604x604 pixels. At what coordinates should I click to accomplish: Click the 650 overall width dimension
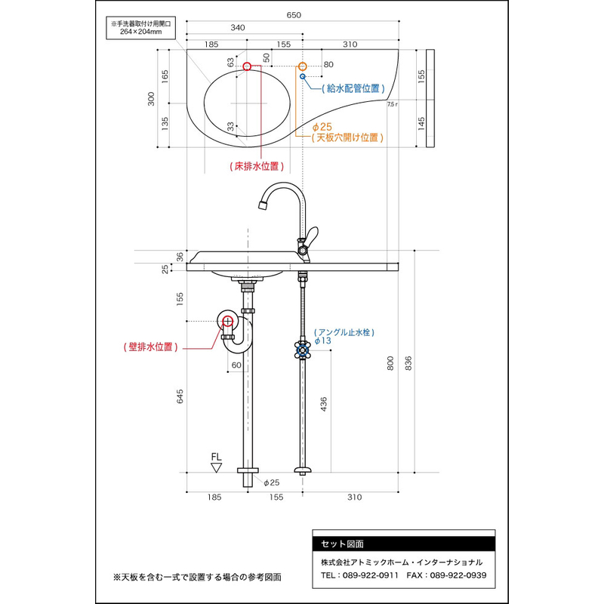coord(294,15)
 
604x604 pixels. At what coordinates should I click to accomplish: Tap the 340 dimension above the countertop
coord(238,28)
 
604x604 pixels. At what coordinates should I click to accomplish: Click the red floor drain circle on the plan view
coord(248,66)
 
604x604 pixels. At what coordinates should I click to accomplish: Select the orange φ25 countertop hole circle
coord(303,66)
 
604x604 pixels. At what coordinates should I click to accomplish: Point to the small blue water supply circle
coord(303,77)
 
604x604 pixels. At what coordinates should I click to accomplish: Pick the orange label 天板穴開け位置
coord(347,137)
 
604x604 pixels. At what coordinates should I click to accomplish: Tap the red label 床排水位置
coord(257,166)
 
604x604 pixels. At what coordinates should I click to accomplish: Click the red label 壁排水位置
coord(150,347)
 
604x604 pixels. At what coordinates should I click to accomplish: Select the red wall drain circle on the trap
coord(228,321)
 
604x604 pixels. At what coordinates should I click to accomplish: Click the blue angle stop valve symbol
coord(303,350)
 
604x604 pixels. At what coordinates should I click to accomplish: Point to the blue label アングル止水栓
coord(344,332)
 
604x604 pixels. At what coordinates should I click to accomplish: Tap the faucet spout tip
coord(263,205)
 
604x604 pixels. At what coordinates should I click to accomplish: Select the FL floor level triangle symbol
coord(217,468)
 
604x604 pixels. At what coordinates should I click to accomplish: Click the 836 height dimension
coord(408,363)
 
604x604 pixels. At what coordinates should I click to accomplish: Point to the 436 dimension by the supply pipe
coord(324,404)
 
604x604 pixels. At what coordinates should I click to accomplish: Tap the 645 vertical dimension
coord(180,396)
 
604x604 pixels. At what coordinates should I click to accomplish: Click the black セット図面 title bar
coord(404,544)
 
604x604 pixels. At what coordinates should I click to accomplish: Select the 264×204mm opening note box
coord(141,28)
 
